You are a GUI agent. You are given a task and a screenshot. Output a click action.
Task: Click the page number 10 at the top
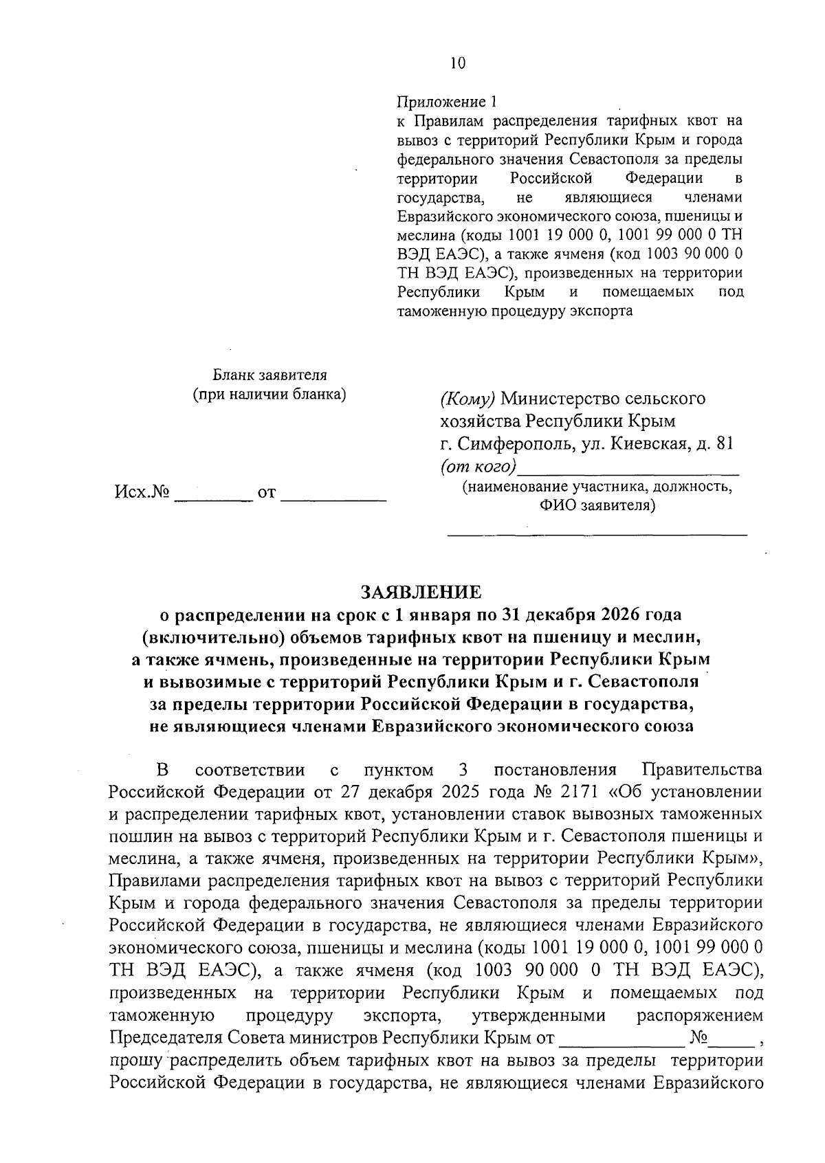[457, 64]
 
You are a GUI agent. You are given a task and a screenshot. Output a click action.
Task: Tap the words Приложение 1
[446, 102]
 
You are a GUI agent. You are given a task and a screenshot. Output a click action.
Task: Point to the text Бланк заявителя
[269, 375]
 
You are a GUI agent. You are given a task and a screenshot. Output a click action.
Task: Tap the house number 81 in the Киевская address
[724, 443]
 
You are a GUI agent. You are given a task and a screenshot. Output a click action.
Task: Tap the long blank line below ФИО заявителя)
[597, 531]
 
